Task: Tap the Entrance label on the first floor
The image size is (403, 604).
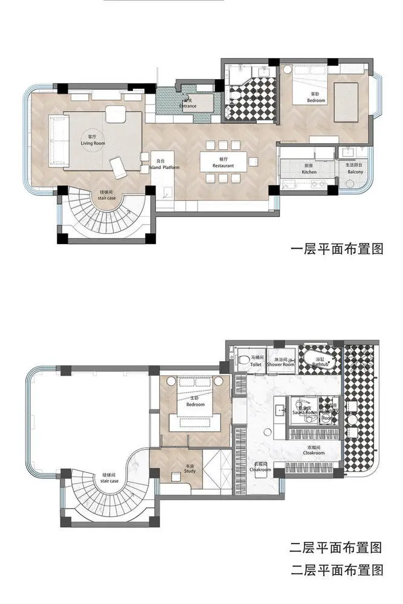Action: tap(188, 107)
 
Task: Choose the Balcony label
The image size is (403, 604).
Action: tap(355, 169)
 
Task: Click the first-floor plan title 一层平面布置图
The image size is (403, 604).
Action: tap(337, 249)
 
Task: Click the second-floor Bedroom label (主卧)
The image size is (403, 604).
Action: tap(195, 402)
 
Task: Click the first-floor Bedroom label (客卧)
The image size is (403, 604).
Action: tap(315, 98)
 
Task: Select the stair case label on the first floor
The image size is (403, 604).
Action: tap(107, 195)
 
